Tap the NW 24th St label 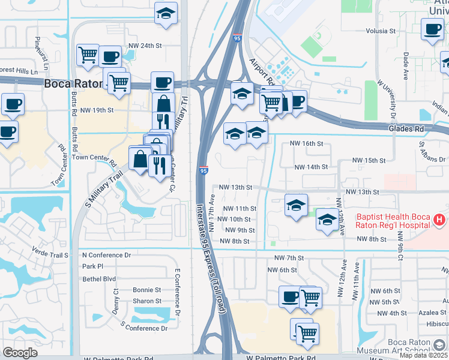click(146, 46)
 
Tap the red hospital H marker click(439, 221)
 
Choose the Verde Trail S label click(50, 254)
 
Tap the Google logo click(20, 353)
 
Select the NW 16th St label click(306, 144)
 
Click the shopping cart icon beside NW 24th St click(88, 55)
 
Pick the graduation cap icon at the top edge click(166, 14)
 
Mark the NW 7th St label click(289, 258)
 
